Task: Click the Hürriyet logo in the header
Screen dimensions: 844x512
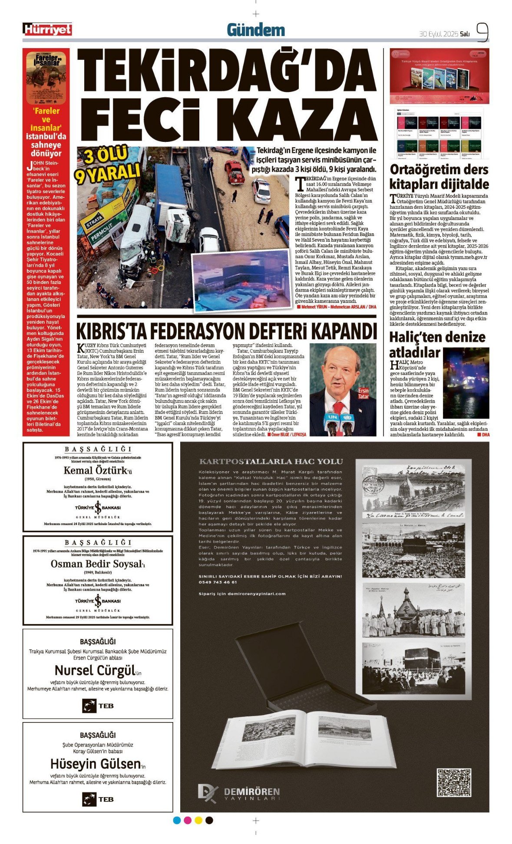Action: click(47, 30)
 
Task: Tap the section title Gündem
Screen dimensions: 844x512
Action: click(256, 30)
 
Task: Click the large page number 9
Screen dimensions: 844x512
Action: click(482, 32)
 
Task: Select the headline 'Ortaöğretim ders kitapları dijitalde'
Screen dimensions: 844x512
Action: click(439, 177)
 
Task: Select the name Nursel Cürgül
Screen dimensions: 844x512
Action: click(96, 670)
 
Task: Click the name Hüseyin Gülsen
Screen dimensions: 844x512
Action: click(96, 764)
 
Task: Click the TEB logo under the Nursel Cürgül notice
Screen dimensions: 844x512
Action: click(98, 706)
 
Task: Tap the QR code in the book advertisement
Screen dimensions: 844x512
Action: click(454, 782)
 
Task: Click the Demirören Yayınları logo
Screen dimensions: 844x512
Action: click(239, 793)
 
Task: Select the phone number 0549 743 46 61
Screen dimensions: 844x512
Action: click(218, 582)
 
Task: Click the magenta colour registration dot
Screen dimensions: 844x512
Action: click(188, 820)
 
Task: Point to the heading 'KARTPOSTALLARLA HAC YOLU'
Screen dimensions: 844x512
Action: click(271, 462)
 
